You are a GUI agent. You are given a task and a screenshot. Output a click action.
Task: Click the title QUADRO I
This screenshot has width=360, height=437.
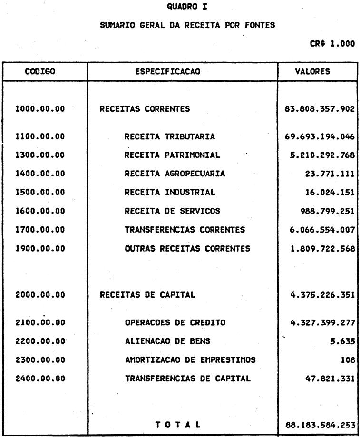click(x=179, y=7)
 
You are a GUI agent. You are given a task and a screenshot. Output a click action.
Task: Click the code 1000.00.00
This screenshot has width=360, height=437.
click(x=40, y=109)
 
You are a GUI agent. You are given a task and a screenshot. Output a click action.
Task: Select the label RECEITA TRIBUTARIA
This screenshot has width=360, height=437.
click(x=169, y=137)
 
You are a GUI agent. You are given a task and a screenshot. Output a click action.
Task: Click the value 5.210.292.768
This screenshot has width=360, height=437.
click(x=321, y=155)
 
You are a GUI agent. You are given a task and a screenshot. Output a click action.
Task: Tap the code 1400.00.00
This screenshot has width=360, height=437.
click(x=40, y=174)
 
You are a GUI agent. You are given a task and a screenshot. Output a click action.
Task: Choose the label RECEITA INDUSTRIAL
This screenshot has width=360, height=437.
click(x=169, y=193)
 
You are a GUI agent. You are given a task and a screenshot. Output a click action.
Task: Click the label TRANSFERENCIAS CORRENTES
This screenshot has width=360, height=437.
click(x=185, y=230)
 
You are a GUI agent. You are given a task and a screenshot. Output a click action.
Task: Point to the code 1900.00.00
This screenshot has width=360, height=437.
click(x=40, y=248)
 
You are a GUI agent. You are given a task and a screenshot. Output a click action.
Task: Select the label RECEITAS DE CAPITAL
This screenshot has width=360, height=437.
click(x=147, y=295)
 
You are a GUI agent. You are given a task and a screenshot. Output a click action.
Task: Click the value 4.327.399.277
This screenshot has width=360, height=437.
click(x=321, y=323)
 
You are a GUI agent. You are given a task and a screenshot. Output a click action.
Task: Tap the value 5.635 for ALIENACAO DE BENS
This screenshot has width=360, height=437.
click(x=343, y=341)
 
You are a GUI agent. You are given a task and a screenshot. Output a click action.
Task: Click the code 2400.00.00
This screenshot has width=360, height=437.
click(x=40, y=379)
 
